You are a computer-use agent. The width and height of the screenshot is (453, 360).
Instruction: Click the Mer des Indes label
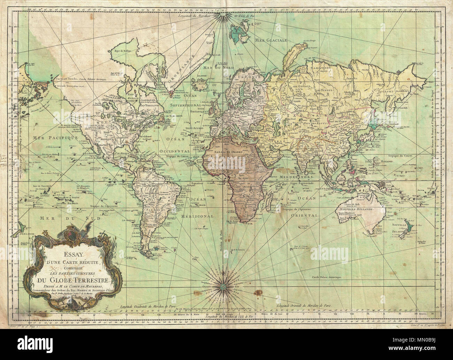(291, 178)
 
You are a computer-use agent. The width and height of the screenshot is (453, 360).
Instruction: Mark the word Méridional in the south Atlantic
(197, 216)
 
